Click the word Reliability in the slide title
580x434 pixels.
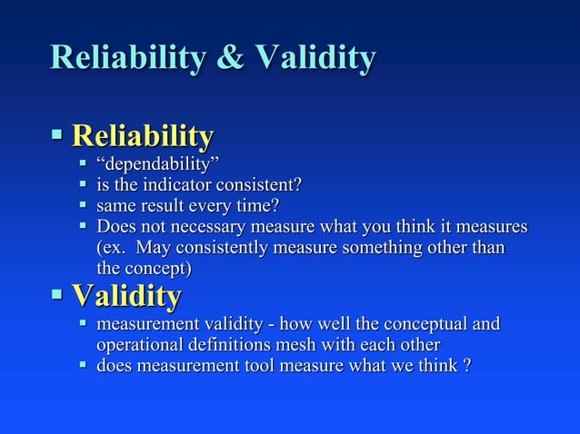pyautogui.click(x=126, y=58)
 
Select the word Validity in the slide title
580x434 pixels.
pyautogui.click(x=315, y=58)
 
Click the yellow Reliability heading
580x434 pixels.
pyautogui.click(x=143, y=138)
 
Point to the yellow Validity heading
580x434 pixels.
pyautogui.click(x=126, y=296)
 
